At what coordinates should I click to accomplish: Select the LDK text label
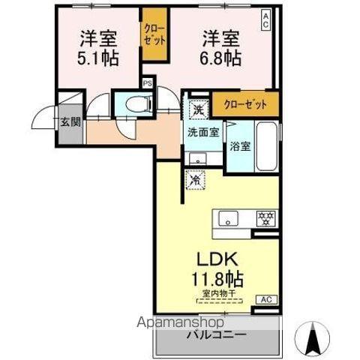pos(217,259)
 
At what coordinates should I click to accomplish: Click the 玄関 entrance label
pos(70,121)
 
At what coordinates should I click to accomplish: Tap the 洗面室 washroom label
pos(202,132)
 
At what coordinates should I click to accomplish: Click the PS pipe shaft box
pos(148,84)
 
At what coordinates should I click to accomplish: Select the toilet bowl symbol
pos(133,105)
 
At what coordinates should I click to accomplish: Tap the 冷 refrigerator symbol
pos(193,180)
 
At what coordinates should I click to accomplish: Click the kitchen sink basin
pos(229,218)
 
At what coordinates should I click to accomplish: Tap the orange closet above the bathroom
pos(244,103)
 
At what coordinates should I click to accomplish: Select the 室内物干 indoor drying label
pos(218,294)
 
